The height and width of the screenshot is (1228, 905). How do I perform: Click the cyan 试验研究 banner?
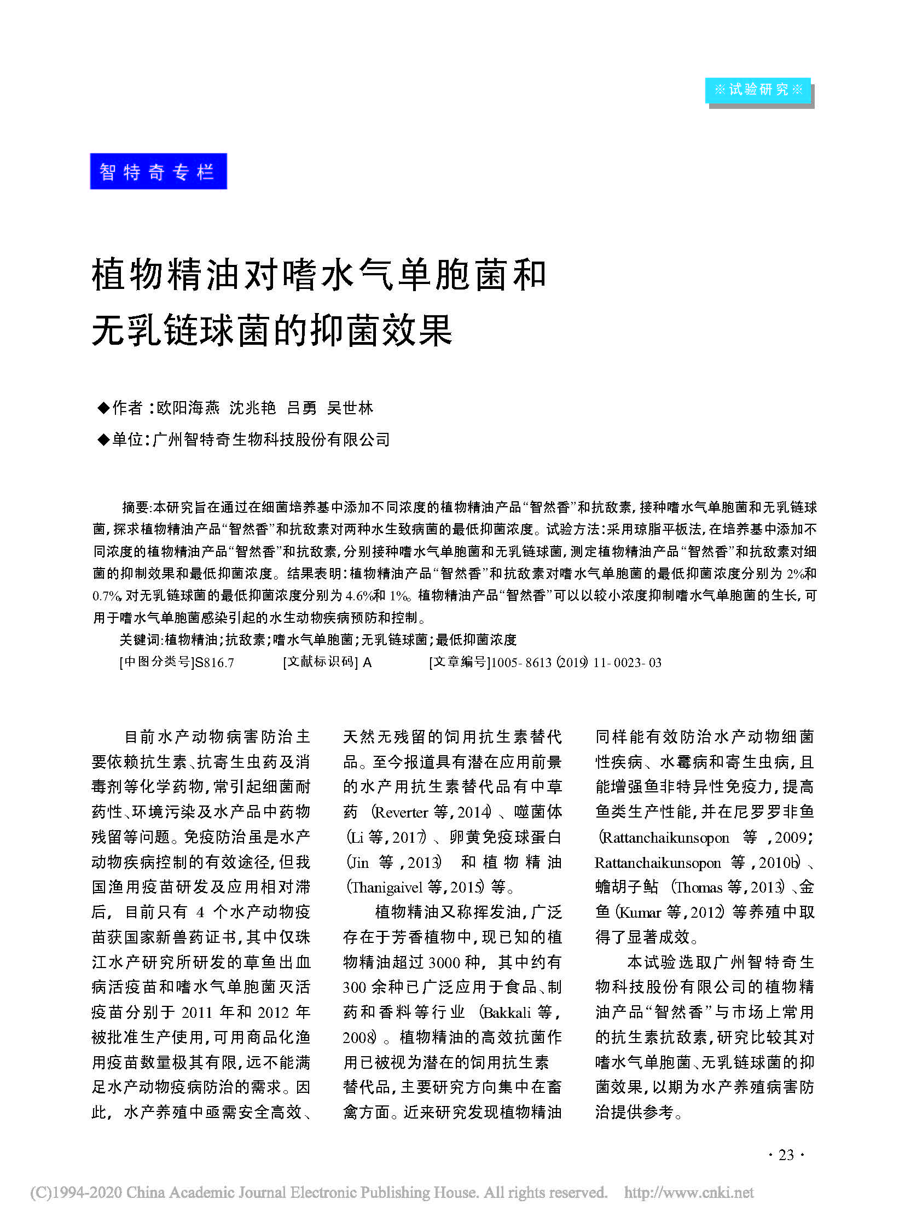758,90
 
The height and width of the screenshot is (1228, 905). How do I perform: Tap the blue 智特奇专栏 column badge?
158,171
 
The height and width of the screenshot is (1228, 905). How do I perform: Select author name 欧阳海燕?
188,408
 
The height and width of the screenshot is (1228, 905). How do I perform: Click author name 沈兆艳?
252,408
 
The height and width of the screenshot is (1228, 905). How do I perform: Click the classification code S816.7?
214,663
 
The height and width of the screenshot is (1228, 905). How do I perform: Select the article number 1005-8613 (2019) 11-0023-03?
576,663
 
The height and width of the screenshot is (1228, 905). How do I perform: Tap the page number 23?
786,1155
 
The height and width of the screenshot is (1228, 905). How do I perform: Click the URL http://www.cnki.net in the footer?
689,1193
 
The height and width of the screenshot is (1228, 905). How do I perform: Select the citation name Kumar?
639,912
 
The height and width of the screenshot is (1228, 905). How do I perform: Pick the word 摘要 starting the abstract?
135,507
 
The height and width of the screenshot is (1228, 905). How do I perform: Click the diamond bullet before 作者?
103,408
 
